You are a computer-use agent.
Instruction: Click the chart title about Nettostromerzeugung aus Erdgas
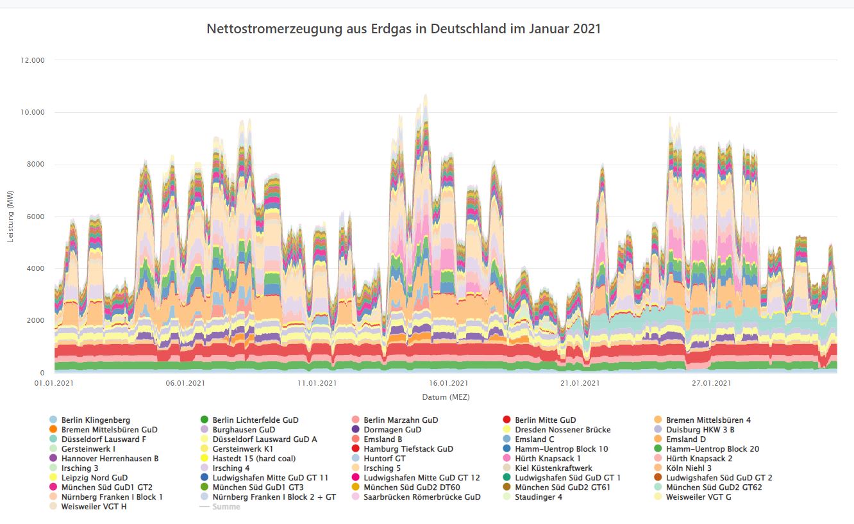pyautogui.click(x=403, y=29)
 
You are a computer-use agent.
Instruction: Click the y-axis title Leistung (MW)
pyautogui.click(x=11, y=217)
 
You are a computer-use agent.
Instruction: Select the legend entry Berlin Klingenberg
pyautogui.click(x=96, y=420)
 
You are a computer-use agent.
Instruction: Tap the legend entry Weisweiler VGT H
pyautogui.click(x=94, y=507)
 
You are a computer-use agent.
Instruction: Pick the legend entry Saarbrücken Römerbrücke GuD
pyautogui.click(x=422, y=497)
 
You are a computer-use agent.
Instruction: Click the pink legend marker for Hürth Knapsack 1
pyautogui.click(x=507, y=459)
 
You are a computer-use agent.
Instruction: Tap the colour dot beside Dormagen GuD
pyautogui.click(x=356, y=430)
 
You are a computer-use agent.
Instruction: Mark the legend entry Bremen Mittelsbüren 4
pyautogui.click(x=708, y=420)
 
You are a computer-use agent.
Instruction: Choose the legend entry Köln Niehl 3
pyautogui.click(x=689, y=468)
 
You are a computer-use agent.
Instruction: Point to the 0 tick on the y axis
pyautogui.click(x=42, y=373)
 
